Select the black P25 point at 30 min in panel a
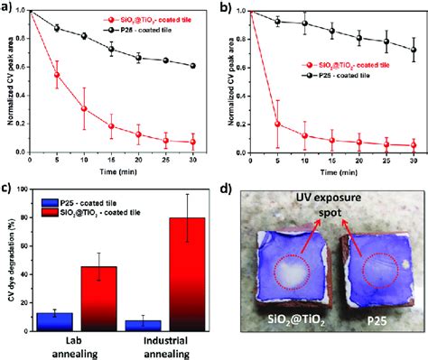pos(192,66)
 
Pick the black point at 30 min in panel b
pos(414,50)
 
